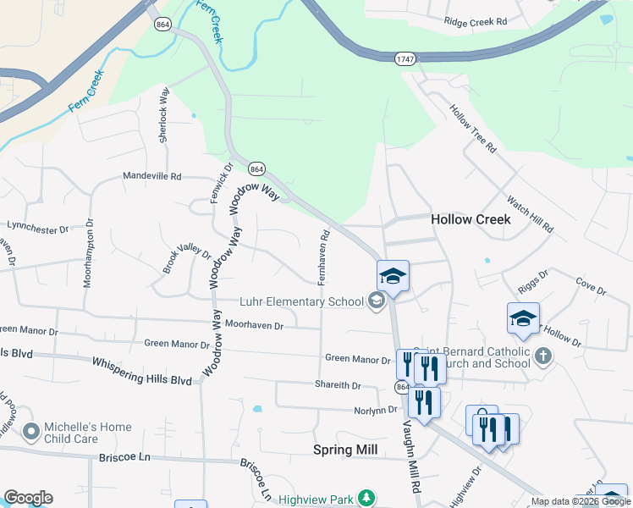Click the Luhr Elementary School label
click(301, 302)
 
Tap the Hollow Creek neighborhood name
click(471, 219)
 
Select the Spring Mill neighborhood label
click(345, 449)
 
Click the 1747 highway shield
click(405, 58)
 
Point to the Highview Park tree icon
click(366, 498)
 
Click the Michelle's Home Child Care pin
click(31, 433)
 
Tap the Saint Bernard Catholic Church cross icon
click(542, 356)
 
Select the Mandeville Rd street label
click(152, 177)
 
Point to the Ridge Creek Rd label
click(475, 20)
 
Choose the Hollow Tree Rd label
click(472, 128)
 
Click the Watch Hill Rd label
click(530, 215)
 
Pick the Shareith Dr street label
click(338, 386)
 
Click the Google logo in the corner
click(28, 498)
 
